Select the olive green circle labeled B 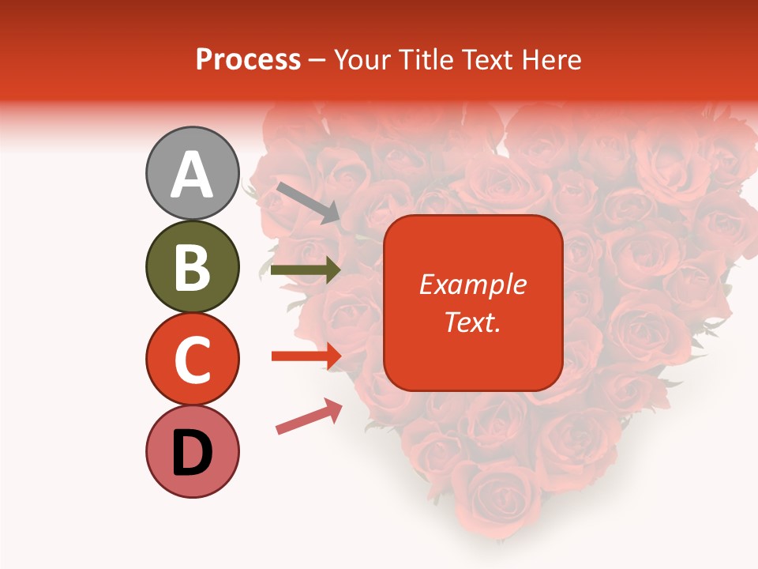point(192,266)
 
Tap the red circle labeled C point(192,359)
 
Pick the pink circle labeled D point(192,451)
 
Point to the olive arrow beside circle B point(306,270)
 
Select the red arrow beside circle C point(306,356)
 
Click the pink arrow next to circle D point(309,416)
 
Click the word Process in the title point(248,60)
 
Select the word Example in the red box point(472,284)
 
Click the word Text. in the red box point(472,322)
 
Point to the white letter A point(192,175)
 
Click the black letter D point(192,454)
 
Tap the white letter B point(192,268)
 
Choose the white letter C point(192,360)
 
